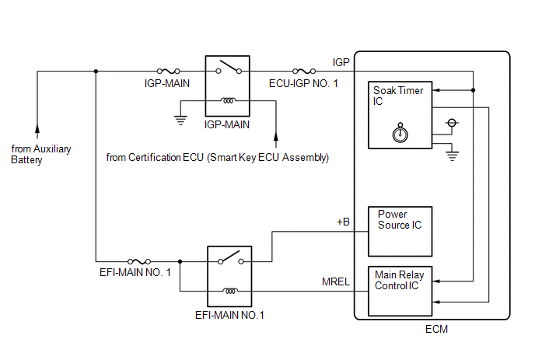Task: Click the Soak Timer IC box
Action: pyautogui.click(x=400, y=115)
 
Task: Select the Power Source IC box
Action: pyautogui.click(x=400, y=232)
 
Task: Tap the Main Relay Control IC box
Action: pyautogui.click(x=400, y=291)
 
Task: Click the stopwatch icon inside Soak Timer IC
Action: pyautogui.click(x=400, y=132)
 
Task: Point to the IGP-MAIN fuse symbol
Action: pyautogui.click(x=168, y=71)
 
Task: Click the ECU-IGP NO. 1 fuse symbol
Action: pyautogui.click(x=304, y=71)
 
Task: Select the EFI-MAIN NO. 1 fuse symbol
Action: pyautogui.click(x=139, y=261)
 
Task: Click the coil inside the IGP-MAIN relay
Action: pyautogui.click(x=228, y=100)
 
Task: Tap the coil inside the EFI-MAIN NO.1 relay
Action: pyautogui.click(x=230, y=291)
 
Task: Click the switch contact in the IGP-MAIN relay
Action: pyautogui.click(x=229, y=67)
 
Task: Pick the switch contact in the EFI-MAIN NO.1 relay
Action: pyautogui.click(x=231, y=257)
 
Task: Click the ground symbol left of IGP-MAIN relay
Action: pyautogui.click(x=180, y=121)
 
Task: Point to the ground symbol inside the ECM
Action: pyautogui.click(x=452, y=156)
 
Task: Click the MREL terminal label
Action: pyautogui.click(x=336, y=281)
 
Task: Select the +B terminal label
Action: pyautogui.click(x=343, y=222)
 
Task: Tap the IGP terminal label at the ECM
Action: pyautogui.click(x=341, y=62)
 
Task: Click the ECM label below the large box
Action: pyautogui.click(x=436, y=329)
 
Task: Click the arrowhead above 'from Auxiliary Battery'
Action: pyautogui.click(x=37, y=128)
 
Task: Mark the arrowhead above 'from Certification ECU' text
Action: pyautogui.click(x=276, y=136)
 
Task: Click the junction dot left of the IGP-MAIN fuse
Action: pyautogui.click(x=96, y=71)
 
